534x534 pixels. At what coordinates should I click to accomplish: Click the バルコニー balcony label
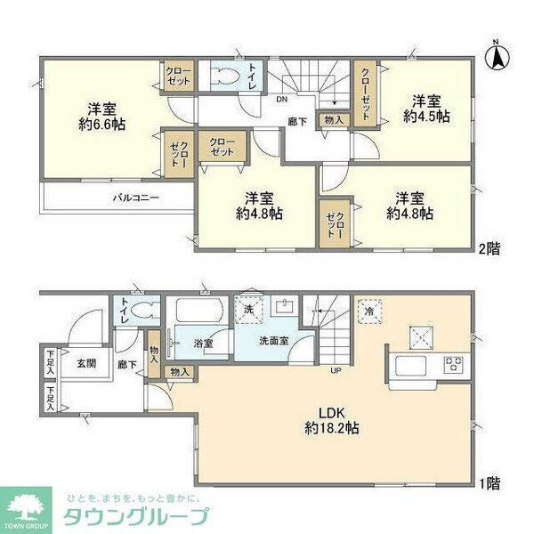click(x=136, y=198)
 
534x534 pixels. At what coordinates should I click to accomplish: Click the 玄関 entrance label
click(x=85, y=362)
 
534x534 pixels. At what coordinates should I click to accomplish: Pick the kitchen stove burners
click(x=453, y=363)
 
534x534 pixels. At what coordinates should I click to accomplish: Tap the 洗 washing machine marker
click(x=250, y=308)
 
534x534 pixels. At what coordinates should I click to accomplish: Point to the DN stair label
click(x=280, y=99)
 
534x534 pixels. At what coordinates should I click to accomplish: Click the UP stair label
click(x=336, y=370)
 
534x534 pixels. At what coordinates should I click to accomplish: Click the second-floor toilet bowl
click(x=222, y=77)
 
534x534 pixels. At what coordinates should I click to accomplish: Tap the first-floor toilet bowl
click(x=146, y=311)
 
